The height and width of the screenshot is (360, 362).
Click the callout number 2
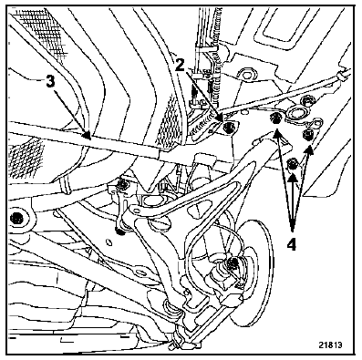pyautogui.click(x=180, y=65)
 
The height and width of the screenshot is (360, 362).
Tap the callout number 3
pyautogui.click(x=50, y=81)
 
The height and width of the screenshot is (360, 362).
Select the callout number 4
pyautogui.click(x=292, y=244)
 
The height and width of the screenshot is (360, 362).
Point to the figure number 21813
pyautogui.click(x=330, y=345)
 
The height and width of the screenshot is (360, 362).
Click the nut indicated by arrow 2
pyautogui.click(x=228, y=127)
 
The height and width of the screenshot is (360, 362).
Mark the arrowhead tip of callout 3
pyautogui.click(x=90, y=139)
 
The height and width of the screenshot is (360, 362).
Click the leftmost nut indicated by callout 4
pyautogui.click(x=276, y=118)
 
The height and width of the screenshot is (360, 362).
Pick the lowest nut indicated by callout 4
pyautogui.click(x=293, y=164)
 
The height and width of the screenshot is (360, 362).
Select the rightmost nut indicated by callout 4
pyautogui.click(x=307, y=134)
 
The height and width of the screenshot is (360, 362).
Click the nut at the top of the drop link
pyautogui.click(x=122, y=185)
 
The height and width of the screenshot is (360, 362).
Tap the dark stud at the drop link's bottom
pyautogui.click(x=121, y=231)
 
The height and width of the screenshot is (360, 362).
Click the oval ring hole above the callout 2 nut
pyautogui.click(x=246, y=74)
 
